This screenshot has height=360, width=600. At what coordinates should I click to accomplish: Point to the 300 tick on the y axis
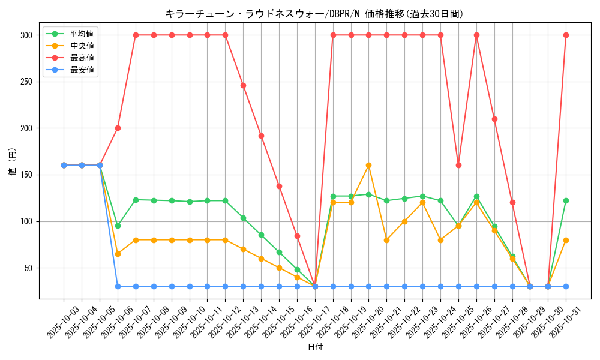(x=26, y=35)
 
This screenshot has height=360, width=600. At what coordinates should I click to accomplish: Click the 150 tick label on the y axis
(x=26, y=175)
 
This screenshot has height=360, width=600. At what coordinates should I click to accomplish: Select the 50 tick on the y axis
(x=28, y=268)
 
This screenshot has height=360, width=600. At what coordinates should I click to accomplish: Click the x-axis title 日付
(x=315, y=347)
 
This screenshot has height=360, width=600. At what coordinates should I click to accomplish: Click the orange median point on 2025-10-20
(x=368, y=165)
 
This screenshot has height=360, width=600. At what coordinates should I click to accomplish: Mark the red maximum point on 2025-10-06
(x=118, y=128)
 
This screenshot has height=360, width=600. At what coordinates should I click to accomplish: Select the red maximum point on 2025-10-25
(x=458, y=165)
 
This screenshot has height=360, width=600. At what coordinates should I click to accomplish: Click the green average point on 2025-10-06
(x=118, y=226)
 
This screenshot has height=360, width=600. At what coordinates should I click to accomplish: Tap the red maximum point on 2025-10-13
(x=243, y=85)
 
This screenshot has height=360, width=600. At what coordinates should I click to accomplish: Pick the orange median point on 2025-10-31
(x=566, y=240)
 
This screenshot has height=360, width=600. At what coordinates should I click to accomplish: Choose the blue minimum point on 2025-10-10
(x=190, y=286)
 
